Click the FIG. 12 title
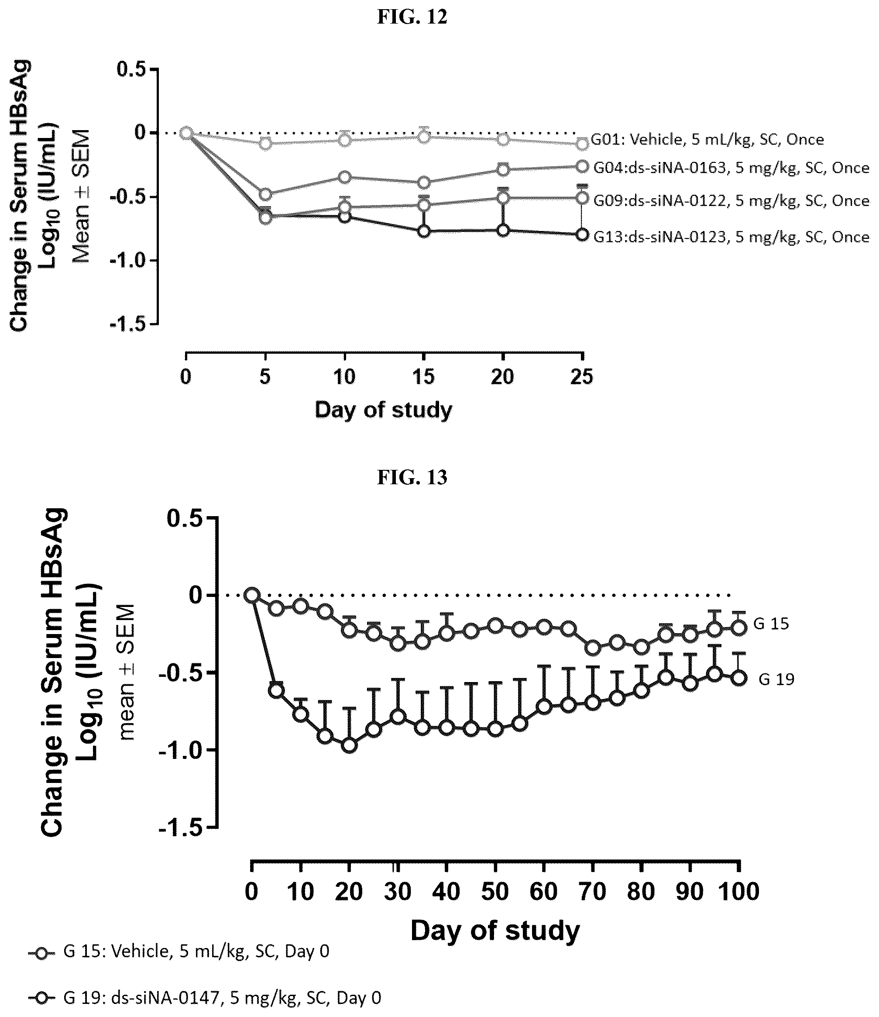(x=412, y=17)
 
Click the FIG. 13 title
(x=412, y=477)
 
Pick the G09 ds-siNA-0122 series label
(x=731, y=201)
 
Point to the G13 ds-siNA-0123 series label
(x=731, y=237)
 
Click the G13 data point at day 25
(x=582, y=234)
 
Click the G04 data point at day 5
(x=265, y=194)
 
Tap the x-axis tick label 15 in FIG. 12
(x=423, y=377)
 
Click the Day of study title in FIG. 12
(x=383, y=409)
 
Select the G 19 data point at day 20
(x=349, y=745)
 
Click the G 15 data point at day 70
(x=593, y=648)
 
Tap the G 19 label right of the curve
(x=776, y=679)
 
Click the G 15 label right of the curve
(x=771, y=624)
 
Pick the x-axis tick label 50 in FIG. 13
(x=495, y=891)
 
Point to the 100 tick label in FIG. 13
(x=739, y=891)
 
